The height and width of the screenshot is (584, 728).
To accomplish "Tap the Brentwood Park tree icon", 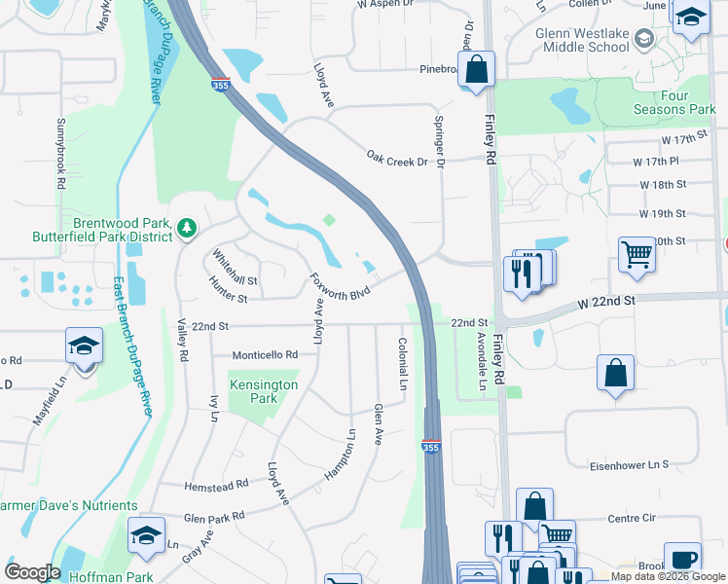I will point(186,229).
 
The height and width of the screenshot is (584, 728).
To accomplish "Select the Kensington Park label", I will point(264,391).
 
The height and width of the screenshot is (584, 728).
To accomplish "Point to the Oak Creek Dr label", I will point(397,157).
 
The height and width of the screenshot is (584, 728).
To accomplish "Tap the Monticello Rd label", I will point(265,355).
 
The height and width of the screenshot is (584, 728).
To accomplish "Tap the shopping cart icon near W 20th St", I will point(637,254).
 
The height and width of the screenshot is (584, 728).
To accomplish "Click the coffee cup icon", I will point(682,559).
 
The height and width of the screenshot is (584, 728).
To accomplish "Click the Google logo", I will point(32,572).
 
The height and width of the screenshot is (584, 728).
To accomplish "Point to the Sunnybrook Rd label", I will point(60,154).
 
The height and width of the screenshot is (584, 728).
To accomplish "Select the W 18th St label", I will point(662,184).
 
